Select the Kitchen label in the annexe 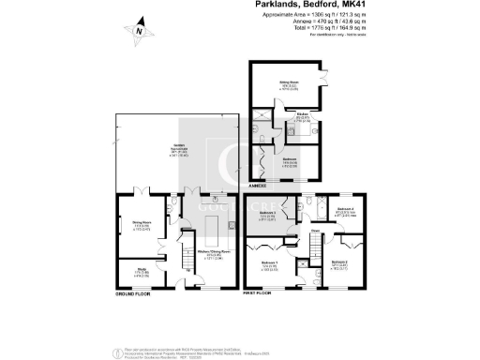pos(303,116)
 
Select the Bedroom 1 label pos(269,262)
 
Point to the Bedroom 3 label pos(267,214)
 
